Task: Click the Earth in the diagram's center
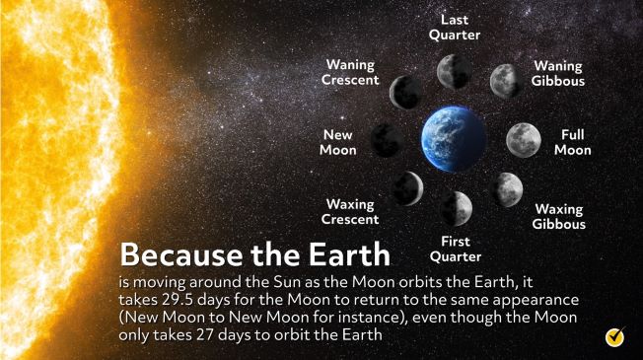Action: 454,139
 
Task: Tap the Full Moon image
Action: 523,140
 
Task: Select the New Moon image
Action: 386,140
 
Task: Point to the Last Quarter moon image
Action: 454,71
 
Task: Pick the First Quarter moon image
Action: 456,207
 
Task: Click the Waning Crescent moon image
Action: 405,92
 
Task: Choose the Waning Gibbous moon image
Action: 506,80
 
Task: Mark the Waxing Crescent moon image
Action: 406,187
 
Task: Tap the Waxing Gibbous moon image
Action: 506,187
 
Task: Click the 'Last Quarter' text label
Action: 455,28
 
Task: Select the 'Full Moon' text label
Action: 572,142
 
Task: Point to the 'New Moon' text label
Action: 337,142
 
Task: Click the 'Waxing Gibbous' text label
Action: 559,216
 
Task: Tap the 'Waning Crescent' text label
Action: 350,72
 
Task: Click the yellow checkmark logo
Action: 616,336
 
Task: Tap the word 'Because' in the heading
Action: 176,255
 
